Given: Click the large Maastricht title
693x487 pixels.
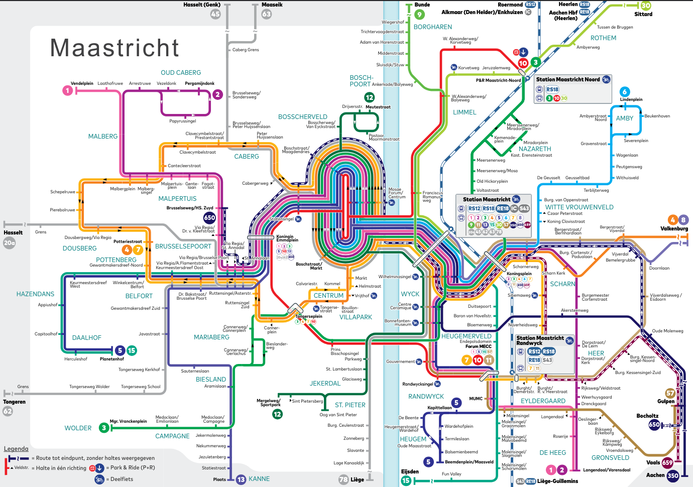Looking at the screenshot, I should pos(114,48).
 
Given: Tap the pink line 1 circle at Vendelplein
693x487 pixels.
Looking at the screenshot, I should pos(67,90).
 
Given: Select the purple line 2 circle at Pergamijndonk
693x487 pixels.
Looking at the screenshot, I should pos(217,94).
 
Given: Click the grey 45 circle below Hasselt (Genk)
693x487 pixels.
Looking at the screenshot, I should pos(215,14).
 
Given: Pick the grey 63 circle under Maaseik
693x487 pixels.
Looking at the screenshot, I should pos(267,14).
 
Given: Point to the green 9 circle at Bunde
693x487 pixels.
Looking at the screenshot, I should pos(419,15).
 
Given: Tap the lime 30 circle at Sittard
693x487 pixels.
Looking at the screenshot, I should pos(646,6).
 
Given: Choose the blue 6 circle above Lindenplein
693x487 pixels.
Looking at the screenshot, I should pos(625,91).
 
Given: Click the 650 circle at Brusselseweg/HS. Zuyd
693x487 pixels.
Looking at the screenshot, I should pos(209,217).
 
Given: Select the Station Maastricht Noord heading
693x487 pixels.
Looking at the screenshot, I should pos(567,79).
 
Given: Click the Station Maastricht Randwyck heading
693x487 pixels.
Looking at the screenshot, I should pos(540,340).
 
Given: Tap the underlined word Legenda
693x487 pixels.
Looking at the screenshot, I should pos(16,448).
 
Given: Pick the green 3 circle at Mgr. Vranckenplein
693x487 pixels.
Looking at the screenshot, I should pos(104,428).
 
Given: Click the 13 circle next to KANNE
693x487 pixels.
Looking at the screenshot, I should pos(241,479).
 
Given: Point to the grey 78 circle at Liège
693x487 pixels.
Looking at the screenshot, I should pos(343,479).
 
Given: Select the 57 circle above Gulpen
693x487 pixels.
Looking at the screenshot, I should pos(670,393).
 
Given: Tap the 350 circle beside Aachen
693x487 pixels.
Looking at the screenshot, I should pos(673,475).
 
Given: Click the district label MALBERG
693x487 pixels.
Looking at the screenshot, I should pos(103,136).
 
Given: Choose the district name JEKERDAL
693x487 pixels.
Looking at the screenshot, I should pos(325,383).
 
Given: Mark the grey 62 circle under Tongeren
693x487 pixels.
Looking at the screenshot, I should pos(8,411).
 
